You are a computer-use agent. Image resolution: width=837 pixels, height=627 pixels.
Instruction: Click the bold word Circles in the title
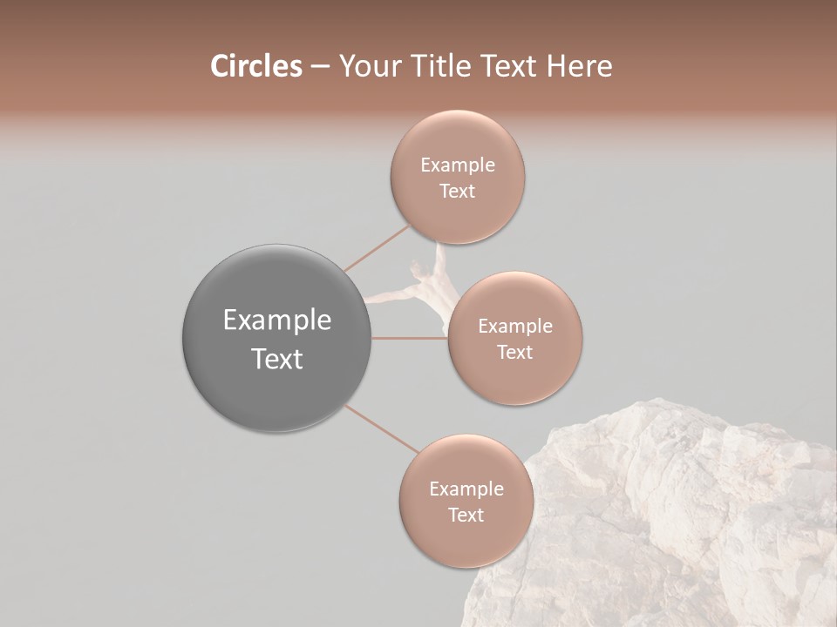coord(255,66)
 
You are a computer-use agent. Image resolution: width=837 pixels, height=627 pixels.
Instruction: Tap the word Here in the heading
coord(579,66)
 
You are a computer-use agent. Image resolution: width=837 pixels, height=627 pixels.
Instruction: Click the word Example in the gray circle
coord(277,320)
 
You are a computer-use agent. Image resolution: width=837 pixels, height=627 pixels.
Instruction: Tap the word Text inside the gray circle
coord(277,359)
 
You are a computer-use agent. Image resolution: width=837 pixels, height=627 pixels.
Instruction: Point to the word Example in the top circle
coord(458,165)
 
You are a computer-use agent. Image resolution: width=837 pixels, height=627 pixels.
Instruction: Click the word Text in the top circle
coord(457,192)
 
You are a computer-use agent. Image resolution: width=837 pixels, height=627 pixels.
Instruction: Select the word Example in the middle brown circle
coord(515,327)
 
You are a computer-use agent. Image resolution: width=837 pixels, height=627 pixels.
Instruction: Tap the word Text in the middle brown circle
coord(514,353)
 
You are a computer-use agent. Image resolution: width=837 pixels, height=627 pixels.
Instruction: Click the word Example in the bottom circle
coord(466,489)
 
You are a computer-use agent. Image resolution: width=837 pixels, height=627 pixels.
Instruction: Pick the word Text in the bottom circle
coord(466,516)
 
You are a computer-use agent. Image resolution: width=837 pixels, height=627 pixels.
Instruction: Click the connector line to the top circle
coord(377,248)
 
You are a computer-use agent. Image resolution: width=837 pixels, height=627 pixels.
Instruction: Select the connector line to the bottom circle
coord(380,428)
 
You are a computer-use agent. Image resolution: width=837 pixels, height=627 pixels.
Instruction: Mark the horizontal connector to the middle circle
coord(409,338)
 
